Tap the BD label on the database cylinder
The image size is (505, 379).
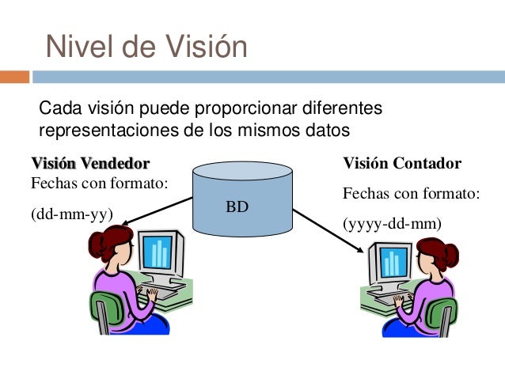[237, 207]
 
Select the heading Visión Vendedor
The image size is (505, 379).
[89, 164]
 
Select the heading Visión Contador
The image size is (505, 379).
[401, 164]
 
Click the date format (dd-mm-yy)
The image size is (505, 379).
[71, 214]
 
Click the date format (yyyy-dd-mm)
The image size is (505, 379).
[392, 224]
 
